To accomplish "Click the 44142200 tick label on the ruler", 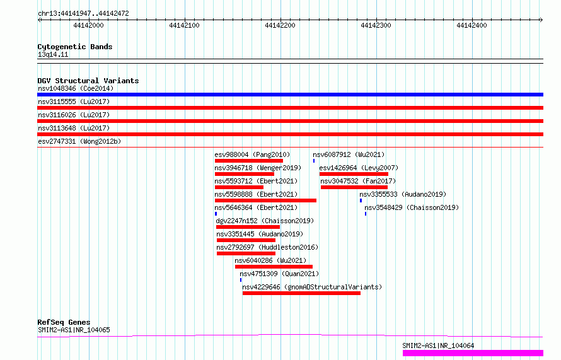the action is (x=280, y=25).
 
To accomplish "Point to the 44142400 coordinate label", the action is (x=471, y=25).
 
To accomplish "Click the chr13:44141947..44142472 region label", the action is (x=83, y=14).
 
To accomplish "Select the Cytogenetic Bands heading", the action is (x=75, y=47).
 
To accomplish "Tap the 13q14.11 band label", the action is (x=53, y=54).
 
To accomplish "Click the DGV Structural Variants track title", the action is (x=88, y=81).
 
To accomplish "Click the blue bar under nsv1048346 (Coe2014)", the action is (x=290, y=95).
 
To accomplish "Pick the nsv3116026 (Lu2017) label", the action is (x=74, y=115).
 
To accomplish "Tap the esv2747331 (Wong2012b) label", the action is (x=79, y=141).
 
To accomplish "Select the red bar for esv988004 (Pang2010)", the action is (x=248, y=161).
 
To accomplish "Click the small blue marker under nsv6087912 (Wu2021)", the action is (x=314, y=161).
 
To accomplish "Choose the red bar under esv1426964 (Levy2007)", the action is (x=354, y=174).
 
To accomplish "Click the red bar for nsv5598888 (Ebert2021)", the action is (x=265, y=200).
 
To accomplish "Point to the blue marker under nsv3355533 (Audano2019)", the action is (x=361, y=200).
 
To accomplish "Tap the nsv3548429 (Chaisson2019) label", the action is (x=412, y=207).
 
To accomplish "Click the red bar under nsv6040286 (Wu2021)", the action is (x=274, y=267).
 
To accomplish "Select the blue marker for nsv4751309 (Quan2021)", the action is (x=241, y=280).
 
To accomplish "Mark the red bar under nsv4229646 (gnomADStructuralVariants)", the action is (x=301, y=293).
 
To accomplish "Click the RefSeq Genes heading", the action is (x=64, y=322).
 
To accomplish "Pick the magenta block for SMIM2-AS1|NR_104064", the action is (x=473, y=353).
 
